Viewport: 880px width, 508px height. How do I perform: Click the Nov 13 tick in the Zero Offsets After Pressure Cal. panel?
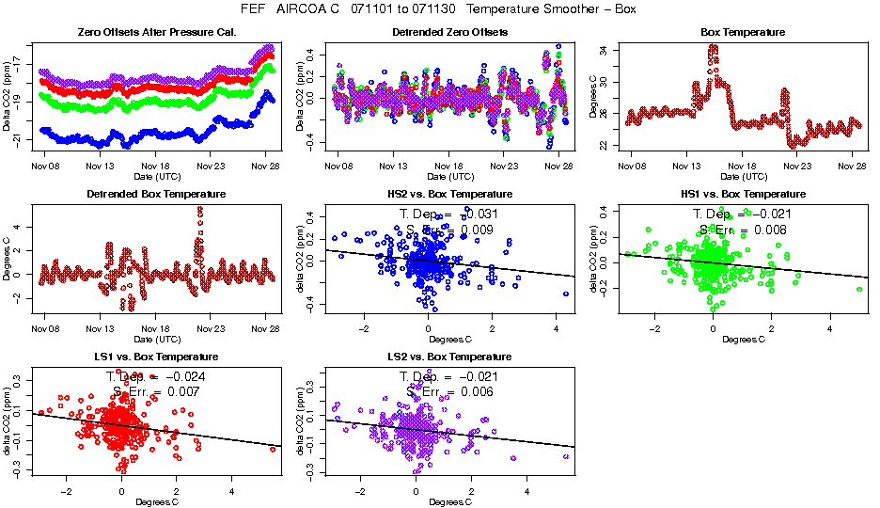100,167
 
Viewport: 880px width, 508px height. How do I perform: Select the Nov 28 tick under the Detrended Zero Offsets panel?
559,167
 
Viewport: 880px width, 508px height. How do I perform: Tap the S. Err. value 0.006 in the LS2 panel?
479,392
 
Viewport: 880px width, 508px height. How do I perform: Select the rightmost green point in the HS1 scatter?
859,289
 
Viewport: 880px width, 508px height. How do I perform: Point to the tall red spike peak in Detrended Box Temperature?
199,210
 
